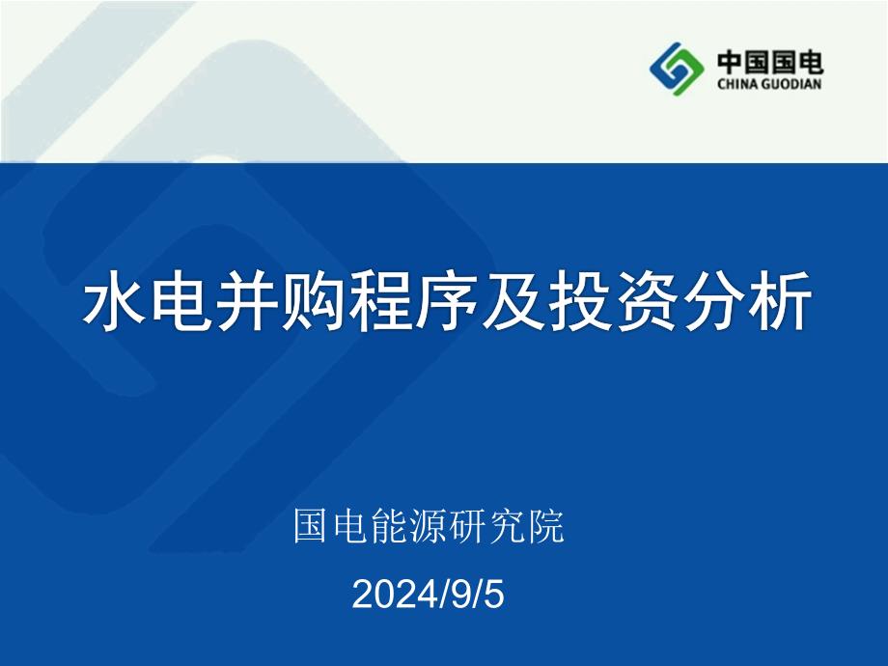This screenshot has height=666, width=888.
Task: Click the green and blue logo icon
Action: [x=677, y=69]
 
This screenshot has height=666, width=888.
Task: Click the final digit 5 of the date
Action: [x=494, y=595]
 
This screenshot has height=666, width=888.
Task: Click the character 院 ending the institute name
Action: [x=546, y=526]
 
